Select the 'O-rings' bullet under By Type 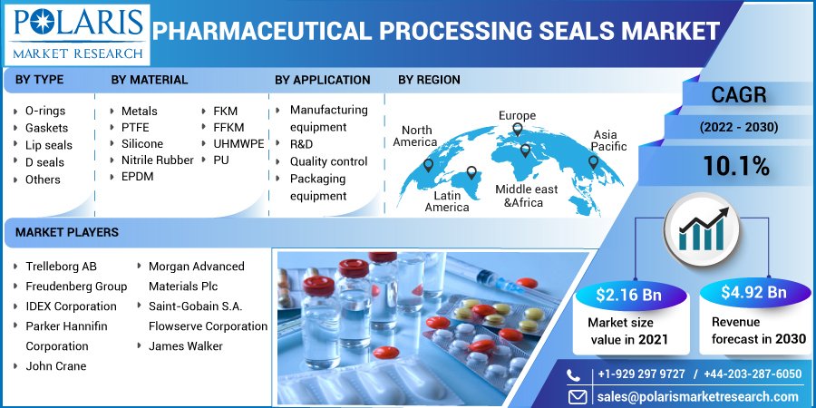click(x=44, y=111)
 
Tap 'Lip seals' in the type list click(x=48, y=145)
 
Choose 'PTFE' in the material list click(x=135, y=128)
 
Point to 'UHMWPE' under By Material click(x=238, y=143)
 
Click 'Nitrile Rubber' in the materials click(x=157, y=160)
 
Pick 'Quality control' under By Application click(x=328, y=161)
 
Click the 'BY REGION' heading click(x=429, y=80)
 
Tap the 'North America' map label click(x=414, y=135)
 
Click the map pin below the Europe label click(x=518, y=130)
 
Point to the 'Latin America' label click(x=447, y=201)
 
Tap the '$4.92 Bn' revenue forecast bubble click(x=753, y=292)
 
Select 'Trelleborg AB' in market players click(x=61, y=267)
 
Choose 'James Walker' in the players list click(x=185, y=345)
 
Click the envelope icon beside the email click(x=578, y=397)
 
